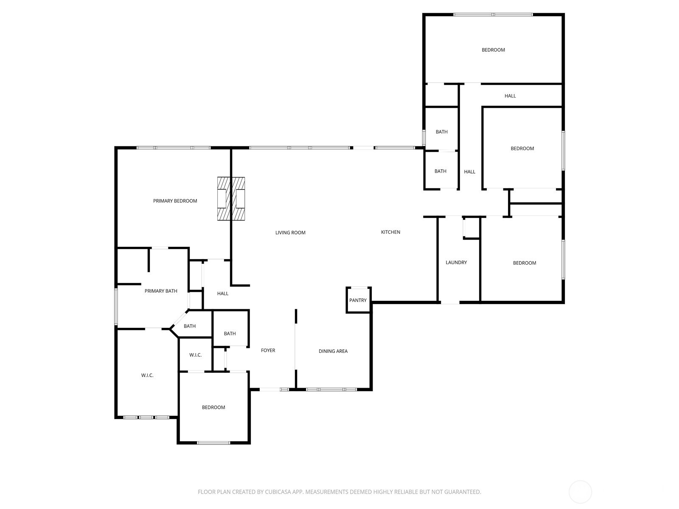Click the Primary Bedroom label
(x=175, y=201)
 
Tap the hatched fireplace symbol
(x=231, y=199)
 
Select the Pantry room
(x=358, y=300)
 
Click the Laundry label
(x=456, y=263)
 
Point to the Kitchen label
(x=390, y=232)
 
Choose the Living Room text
(x=290, y=232)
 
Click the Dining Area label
(x=333, y=351)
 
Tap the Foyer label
(x=268, y=350)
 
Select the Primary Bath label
(x=161, y=291)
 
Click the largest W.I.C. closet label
(x=147, y=375)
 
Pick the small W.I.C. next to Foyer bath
(x=195, y=355)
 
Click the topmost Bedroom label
(x=493, y=50)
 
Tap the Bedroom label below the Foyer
(x=213, y=408)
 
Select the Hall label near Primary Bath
(x=223, y=294)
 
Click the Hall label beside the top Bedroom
(x=510, y=96)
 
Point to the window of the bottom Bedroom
(x=213, y=443)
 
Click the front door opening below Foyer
(x=274, y=389)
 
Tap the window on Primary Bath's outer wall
(x=116, y=307)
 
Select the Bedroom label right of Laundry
(x=525, y=263)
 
